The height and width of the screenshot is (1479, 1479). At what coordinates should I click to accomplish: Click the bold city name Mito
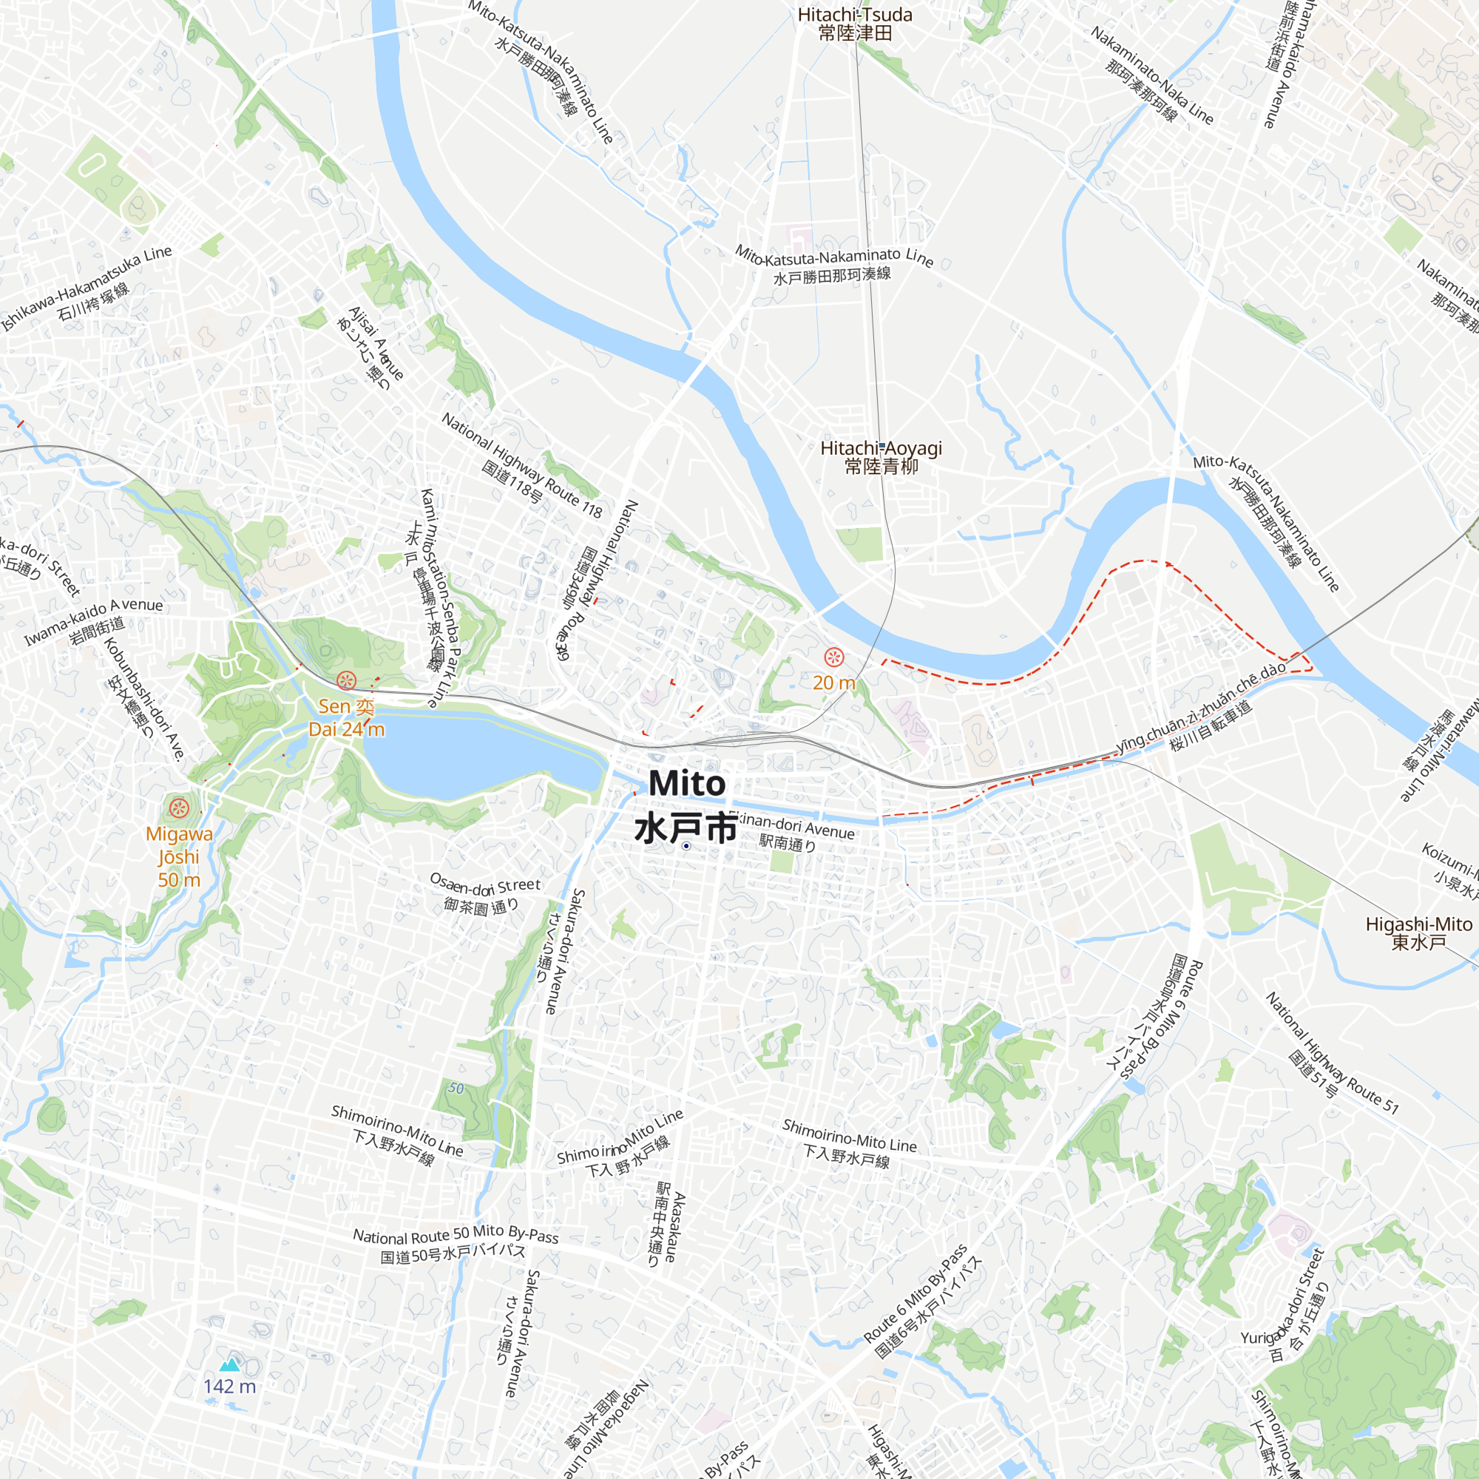687,783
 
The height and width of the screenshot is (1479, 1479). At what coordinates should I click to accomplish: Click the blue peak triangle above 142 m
230,1365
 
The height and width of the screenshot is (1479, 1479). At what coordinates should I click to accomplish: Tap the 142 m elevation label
230,1387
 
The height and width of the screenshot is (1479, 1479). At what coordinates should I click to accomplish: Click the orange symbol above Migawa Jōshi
179,807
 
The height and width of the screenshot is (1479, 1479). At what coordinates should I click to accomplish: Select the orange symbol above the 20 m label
833,657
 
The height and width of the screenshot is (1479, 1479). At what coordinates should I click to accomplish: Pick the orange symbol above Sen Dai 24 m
346,680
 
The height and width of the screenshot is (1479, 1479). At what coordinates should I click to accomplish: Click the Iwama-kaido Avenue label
93,620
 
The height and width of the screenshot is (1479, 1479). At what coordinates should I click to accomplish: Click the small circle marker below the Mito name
687,846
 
